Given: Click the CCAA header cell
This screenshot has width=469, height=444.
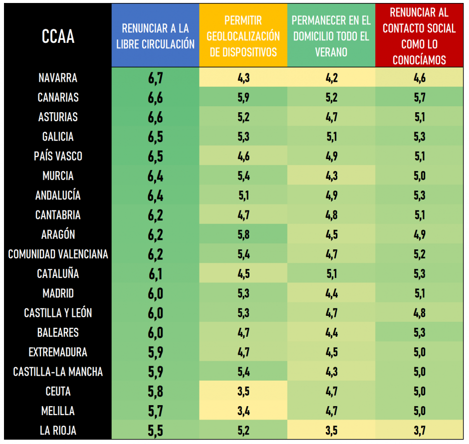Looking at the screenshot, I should tap(58, 36).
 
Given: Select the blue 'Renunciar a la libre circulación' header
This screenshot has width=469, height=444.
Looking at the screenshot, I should tap(155, 36).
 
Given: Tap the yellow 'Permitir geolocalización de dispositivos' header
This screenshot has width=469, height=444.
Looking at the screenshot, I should tap(243, 36).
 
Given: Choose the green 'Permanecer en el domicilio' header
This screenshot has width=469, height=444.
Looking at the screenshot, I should tap(331, 36).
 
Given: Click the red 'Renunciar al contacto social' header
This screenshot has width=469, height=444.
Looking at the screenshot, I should tap(419, 36).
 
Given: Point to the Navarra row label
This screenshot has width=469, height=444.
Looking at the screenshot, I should tap(58, 78).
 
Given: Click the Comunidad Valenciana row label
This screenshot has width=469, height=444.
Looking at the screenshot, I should tap(58, 254).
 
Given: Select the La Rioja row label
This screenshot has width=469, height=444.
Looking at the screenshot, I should tap(58, 431).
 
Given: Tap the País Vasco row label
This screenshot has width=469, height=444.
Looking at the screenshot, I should tap(58, 156).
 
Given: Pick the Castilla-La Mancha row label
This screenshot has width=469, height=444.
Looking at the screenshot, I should tap(58, 372).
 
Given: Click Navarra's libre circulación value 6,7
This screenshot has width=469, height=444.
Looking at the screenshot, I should tap(155, 78).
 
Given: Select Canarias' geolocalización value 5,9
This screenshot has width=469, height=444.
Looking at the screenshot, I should tap(243, 98).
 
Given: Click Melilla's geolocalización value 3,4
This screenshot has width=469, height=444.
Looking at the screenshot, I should tap(243, 411).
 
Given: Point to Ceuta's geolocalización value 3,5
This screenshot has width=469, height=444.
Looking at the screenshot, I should tap(243, 392).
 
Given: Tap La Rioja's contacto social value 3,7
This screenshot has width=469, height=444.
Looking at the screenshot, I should tap(419, 431).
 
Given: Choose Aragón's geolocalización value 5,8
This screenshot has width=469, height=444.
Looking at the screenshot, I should tap(243, 235).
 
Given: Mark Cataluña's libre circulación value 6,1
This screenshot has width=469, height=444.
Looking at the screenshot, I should tap(155, 274).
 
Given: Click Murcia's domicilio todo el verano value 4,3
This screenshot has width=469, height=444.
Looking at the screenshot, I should tap(331, 176).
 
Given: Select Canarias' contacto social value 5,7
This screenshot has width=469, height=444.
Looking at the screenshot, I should tap(419, 98).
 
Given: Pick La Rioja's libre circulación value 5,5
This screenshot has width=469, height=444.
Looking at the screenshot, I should tap(155, 431).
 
